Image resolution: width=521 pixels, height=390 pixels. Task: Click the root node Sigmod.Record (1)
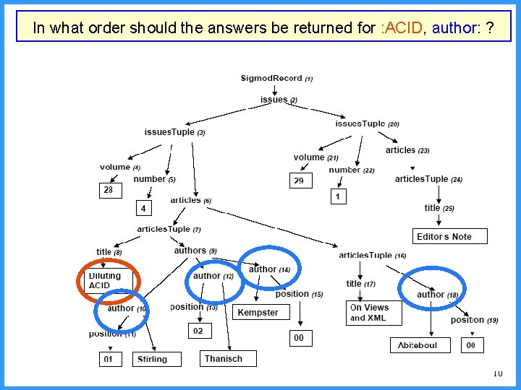[276, 78]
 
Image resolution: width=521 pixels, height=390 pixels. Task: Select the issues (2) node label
[279, 100]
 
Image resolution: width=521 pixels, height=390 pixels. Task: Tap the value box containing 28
[109, 190]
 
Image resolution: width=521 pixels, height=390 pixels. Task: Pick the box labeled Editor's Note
[444, 236]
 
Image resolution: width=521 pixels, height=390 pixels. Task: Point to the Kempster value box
[258, 312]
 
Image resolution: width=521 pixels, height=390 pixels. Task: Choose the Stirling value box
[152, 358]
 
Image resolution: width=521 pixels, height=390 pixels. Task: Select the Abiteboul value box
[418, 346]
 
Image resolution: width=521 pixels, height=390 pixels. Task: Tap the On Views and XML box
[370, 312]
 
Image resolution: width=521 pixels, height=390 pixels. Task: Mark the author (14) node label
[269, 269]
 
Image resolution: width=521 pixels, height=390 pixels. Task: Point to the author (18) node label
[437, 294]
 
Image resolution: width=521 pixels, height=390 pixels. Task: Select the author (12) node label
[213, 276]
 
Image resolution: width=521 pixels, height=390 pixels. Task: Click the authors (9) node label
[195, 251]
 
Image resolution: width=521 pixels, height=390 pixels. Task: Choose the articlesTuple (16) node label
[372, 255]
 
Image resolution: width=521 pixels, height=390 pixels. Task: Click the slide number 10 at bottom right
[496, 373]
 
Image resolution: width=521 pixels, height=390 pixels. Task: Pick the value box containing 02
[198, 330]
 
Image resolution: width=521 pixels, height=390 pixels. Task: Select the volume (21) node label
[315, 157]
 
